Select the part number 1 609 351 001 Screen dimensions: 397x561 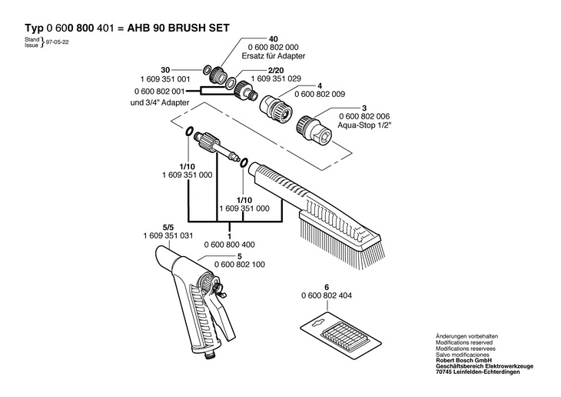coord(164,79)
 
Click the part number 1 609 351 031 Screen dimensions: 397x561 coord(168,235)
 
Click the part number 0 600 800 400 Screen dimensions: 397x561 coord(230,244)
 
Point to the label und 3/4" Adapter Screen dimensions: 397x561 coord(163,102)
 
